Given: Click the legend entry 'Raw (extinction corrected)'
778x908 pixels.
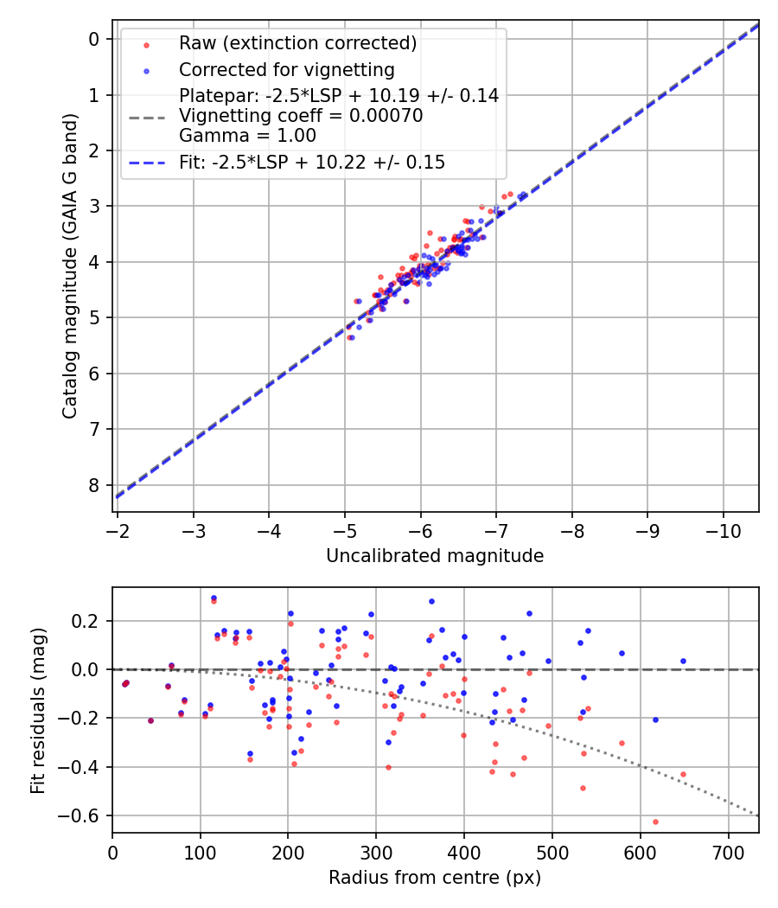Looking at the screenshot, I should pos(297,43).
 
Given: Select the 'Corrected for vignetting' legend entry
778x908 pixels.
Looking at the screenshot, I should pos(286,70).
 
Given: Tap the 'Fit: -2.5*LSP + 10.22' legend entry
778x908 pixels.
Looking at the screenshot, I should pos(311,162).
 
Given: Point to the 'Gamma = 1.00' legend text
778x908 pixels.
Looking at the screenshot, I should pos(247,136).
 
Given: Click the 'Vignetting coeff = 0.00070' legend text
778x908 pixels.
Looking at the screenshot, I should pos(301,116).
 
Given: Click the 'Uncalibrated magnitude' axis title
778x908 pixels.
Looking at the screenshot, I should pos(435,556).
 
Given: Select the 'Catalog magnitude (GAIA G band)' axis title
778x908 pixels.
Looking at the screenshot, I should pos(70,265).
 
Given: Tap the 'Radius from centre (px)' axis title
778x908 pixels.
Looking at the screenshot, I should pos(435,878).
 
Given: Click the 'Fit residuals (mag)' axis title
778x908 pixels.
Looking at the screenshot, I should pos(37,710).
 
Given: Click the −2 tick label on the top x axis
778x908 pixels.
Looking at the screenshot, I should pos(118,528).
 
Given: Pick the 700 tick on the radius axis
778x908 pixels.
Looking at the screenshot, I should pos(728,851).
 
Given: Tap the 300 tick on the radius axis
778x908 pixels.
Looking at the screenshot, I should pos(376,851).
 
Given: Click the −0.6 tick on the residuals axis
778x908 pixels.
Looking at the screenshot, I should pos(84,815).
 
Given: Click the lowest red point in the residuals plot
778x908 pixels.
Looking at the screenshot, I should pos(655,822).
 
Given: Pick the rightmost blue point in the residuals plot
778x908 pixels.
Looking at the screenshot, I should pos(683,661).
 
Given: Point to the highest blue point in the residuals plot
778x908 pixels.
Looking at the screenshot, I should pos(214,598).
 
